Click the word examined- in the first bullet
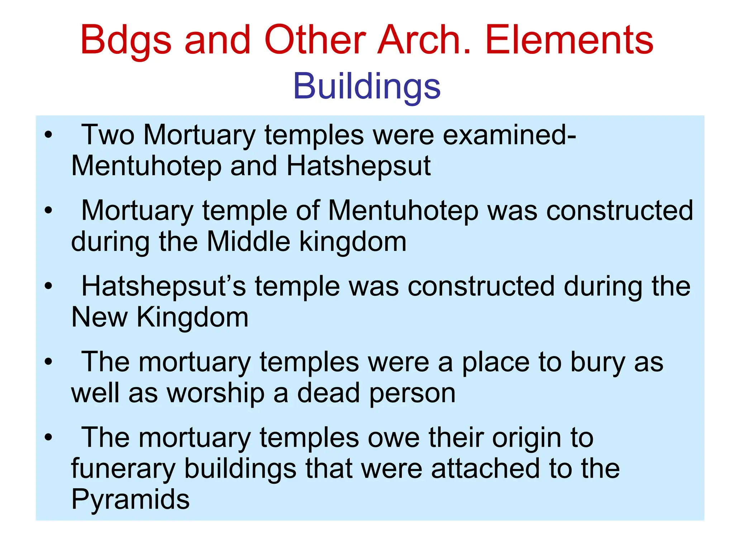(509, 135)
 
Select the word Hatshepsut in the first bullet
(358, 166)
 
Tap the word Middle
(248, 242)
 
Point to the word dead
(328, 393)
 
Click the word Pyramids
(130, 499)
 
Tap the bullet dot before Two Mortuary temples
(48, 135)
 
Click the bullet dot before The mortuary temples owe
(48, 437)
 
